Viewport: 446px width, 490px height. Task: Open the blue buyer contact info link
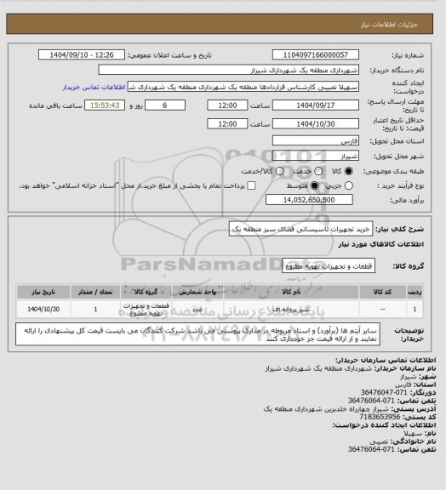point(94,87)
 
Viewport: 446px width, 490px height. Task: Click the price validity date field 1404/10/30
point(311,123)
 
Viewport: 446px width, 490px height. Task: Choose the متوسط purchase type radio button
point(315,185)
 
